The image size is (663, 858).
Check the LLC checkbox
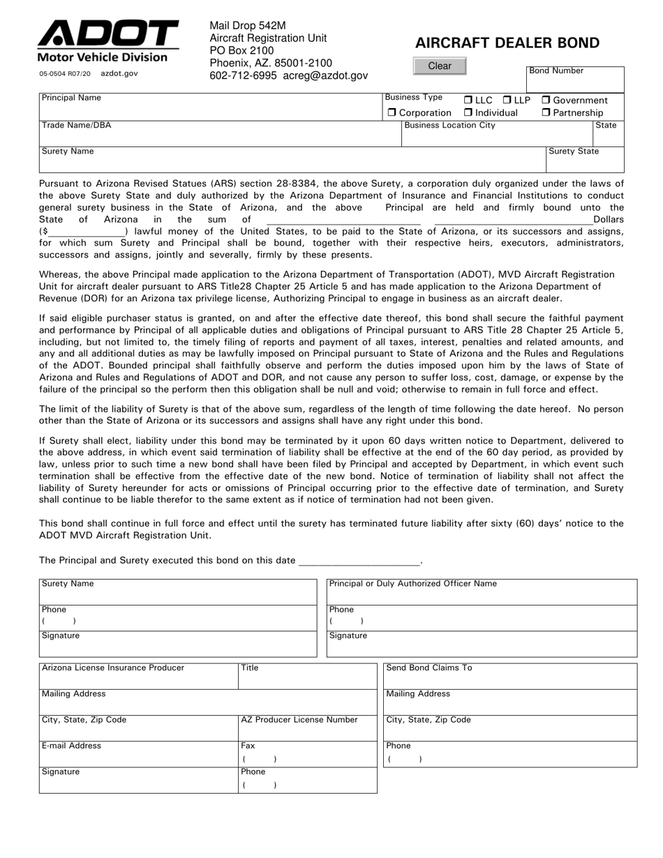468,100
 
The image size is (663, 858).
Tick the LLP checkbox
507,100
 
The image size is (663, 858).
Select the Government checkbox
546,100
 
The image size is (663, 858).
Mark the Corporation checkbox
392,113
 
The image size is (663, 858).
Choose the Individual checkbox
468,113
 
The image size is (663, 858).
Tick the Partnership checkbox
546,113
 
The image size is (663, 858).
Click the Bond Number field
574,82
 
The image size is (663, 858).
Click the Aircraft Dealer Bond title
507,43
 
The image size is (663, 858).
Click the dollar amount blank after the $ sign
87,232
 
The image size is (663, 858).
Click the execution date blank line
359,560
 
